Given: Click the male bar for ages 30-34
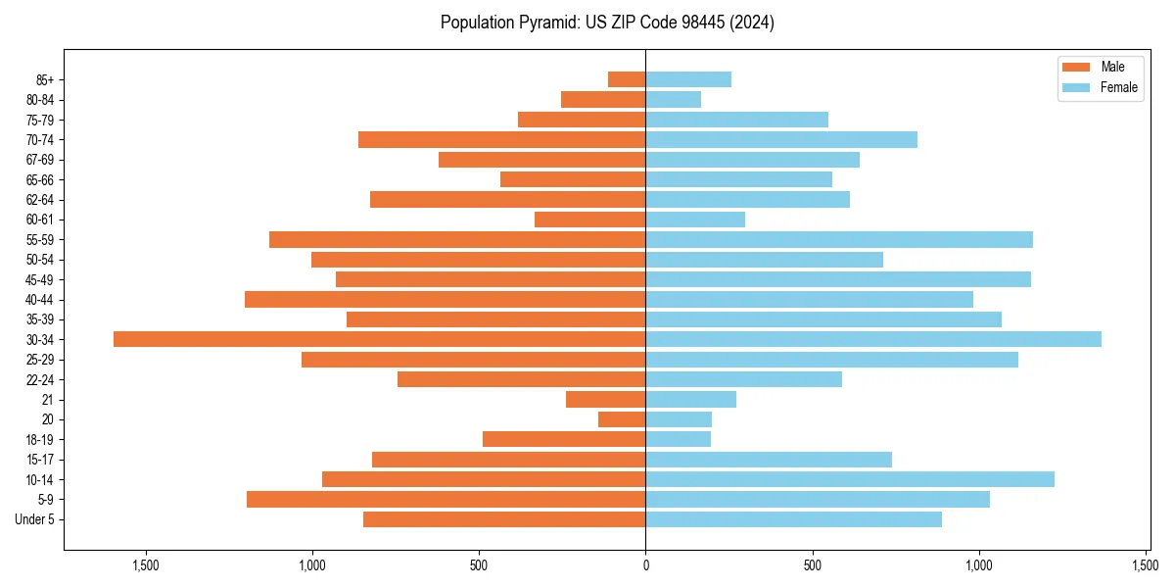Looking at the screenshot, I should click(x=379, y=339).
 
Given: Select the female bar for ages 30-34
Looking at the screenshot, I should click(x=873, y=339).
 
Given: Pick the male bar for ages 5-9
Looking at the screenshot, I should click(x=446, y=499).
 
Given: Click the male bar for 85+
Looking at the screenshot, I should click(x=627, y=79).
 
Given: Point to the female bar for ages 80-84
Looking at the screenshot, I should click(x=674, y=99).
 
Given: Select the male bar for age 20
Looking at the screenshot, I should click(x=622, y=419).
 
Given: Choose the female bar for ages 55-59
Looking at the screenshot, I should click(x=839, y=239).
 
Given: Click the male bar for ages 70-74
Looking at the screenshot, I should click(x=501, y=139).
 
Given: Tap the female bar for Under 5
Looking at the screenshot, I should click(x=793, y=519).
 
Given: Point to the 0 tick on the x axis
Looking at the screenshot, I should click(x=645, y=566).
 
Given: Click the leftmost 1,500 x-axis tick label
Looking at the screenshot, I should click(x=145, y=566).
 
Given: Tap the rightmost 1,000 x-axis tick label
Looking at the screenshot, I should click(x=979, y=566).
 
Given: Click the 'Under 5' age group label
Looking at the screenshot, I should click(x=34, y=519).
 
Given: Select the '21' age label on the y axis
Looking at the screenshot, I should click(x=47, y=400).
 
